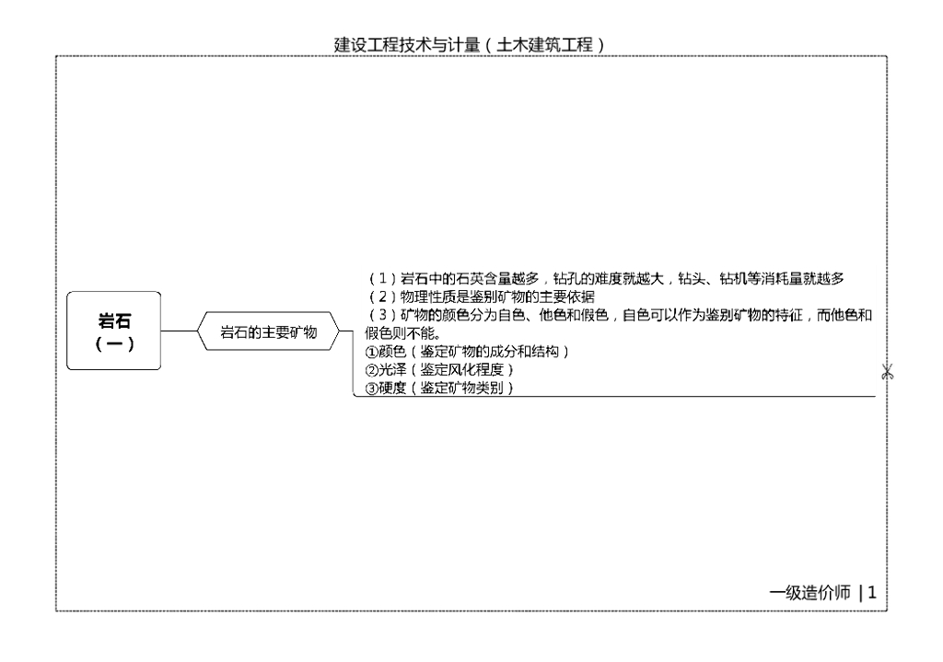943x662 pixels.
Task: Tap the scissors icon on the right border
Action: (887, 372)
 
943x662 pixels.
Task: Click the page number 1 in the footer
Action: (871, 593)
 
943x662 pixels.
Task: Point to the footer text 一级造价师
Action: (810, 593)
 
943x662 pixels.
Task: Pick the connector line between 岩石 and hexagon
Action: (179, 332)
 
